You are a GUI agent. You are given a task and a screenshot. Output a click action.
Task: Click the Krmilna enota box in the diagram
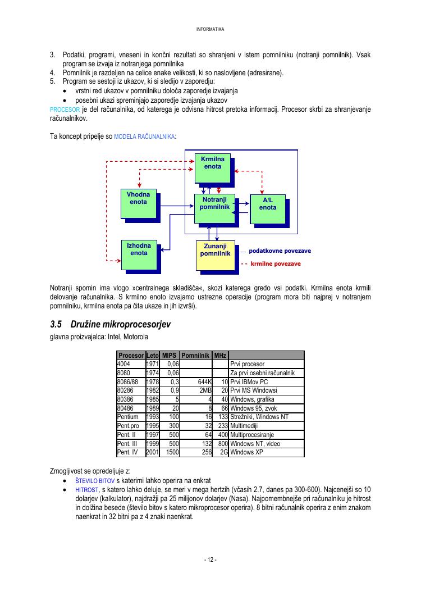[x=212, y=167]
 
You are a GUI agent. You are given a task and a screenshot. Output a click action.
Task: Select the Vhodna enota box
[x=138, y=203]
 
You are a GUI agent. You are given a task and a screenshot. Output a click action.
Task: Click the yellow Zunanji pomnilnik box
[x=215, y=254]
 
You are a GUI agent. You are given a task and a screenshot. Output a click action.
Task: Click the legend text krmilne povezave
[x=275, y=263]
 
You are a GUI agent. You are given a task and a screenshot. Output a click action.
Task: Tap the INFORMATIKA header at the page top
[x=210, y=29]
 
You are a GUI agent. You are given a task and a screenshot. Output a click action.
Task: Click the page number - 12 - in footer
[x=210, y=560]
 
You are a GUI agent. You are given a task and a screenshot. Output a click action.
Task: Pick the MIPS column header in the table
[x=169, y=356]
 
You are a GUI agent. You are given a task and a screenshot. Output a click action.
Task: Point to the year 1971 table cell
[x=152, y=364]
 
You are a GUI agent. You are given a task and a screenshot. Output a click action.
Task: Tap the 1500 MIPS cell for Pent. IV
[x=170, y=452]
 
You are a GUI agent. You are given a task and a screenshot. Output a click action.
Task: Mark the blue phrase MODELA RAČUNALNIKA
[x=144, y=137]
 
